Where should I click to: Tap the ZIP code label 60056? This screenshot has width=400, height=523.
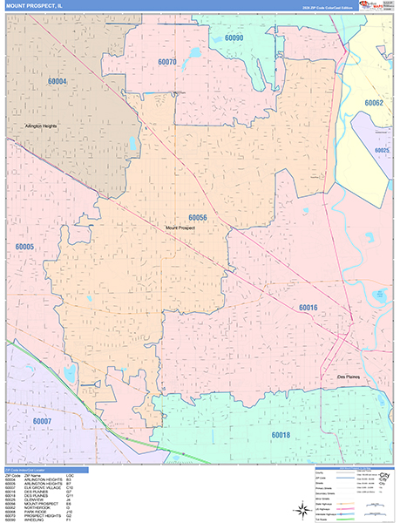(x=198, y=218)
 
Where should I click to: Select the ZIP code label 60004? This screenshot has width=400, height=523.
(x=58, y=81)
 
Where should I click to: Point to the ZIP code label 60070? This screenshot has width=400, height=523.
(x=168, y=62)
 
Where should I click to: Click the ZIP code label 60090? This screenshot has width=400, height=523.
(x=234, y=38)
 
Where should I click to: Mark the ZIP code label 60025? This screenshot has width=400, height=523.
(x=382, y=151)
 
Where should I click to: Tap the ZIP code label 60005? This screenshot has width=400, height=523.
(x=24, y=247)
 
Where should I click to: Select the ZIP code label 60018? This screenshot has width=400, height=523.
(x=280, y=434)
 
